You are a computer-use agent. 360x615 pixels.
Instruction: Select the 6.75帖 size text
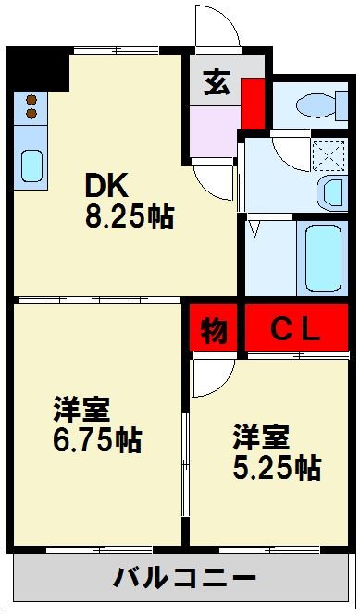[x=96, y=439]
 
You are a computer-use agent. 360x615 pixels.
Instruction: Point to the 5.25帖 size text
[x=277, y=467]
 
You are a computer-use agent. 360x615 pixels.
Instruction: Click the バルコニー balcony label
[x=184, y=580]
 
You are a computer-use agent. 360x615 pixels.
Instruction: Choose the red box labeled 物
[x=213, y=330]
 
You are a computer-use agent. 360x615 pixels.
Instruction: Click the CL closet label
[x=295, y=330]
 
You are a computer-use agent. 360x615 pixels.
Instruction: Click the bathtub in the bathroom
[x=323, y=255]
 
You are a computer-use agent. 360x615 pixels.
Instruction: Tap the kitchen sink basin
[x=31, y=167]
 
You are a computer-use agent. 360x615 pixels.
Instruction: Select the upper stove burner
[x=31, y=98]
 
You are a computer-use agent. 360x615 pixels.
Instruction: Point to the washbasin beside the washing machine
[x=329, y=192]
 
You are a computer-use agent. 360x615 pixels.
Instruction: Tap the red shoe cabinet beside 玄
[x=251, y=104]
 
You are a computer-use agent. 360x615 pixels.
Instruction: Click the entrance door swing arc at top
[x=216, y=26]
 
